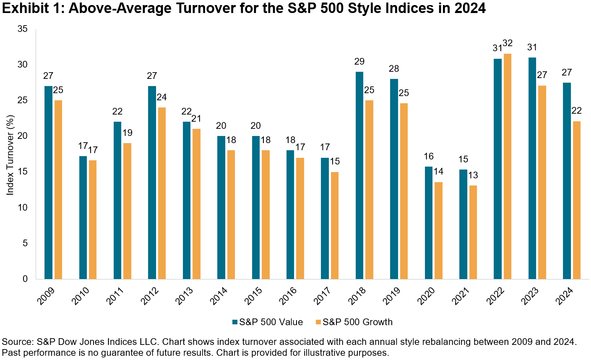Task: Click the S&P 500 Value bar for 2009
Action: pyautogui.click(x=48, y=183)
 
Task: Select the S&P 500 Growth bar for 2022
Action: pyautogui.click(x=508, y=167)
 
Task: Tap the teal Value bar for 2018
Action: pyautogui.click(x=359, y=175)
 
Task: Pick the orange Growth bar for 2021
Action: pyautogui.click(x=473, y=232)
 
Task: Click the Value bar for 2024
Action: pyautogui.click(x=567, y=181)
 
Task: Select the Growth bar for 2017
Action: pyautogui.click(x=335, y=225)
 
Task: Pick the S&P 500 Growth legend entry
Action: pyautogui.click(x=354, y=322)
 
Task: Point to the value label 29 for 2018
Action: pyautogui.click(x=359, y=62)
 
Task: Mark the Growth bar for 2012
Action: pyautogui.click(x=162, y=193)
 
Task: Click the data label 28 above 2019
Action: pyautogui.click(x=394, y=69)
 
